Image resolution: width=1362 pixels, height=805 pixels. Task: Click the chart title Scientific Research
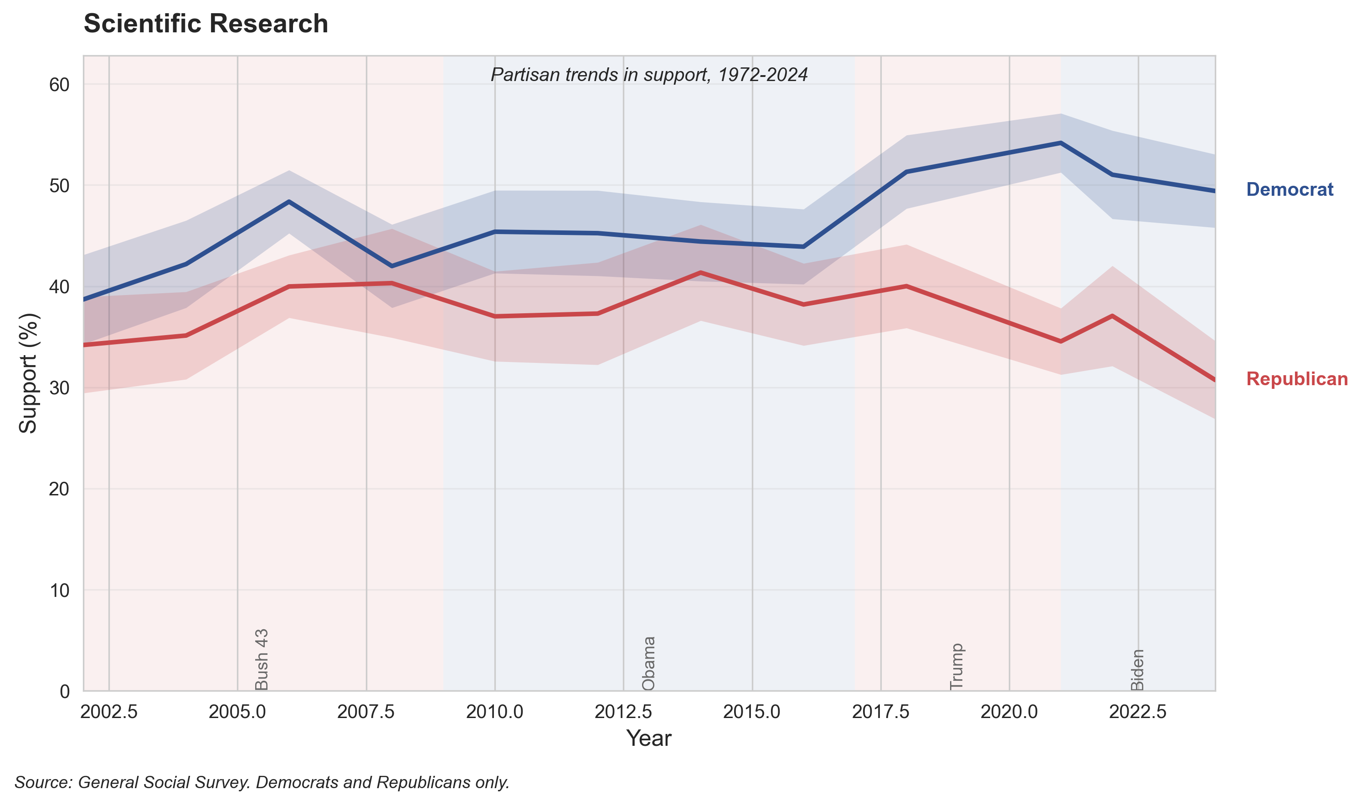[206, 24]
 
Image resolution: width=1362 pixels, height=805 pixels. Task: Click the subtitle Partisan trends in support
[649, 74]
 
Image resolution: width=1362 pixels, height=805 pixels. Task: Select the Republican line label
[1296, 379]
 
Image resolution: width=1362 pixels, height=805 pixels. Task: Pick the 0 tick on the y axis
[65, 692]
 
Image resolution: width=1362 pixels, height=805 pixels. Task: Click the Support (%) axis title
[28, 373]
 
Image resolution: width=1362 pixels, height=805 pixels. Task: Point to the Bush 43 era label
[262, 659]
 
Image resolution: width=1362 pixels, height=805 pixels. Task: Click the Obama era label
[649, 663]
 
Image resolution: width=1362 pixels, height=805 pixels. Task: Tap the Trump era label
[956, 666]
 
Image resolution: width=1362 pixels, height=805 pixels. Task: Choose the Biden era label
[1137, 669]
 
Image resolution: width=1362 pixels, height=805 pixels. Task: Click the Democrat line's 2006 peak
[289, 201]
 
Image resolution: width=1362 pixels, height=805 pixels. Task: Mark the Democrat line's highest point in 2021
[1060, 143]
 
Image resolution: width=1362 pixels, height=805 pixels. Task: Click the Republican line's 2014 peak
[701, 272]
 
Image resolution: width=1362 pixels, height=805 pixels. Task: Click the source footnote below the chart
[262, 782]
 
